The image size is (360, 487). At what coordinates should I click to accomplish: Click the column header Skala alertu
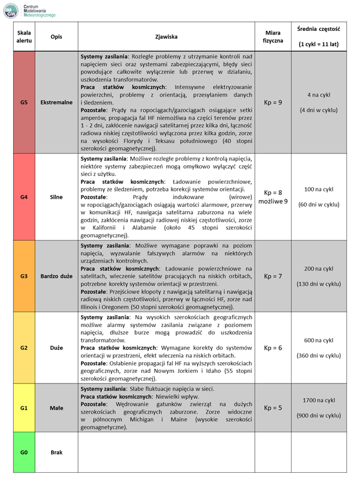[24, 37]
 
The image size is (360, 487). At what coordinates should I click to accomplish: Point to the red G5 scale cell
[24, 102]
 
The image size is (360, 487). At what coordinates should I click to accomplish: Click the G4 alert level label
[24, 196]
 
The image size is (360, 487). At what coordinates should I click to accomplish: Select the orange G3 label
[24, 276]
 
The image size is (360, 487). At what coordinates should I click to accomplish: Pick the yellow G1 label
[24, 409]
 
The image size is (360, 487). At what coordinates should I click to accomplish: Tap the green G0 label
[24, 453]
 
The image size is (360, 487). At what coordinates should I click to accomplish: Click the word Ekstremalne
[56, 102]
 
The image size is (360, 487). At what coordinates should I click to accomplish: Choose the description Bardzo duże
[56, 276]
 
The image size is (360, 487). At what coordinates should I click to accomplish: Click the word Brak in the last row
[56, 453]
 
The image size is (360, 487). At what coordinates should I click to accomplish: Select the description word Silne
[56, 196]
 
